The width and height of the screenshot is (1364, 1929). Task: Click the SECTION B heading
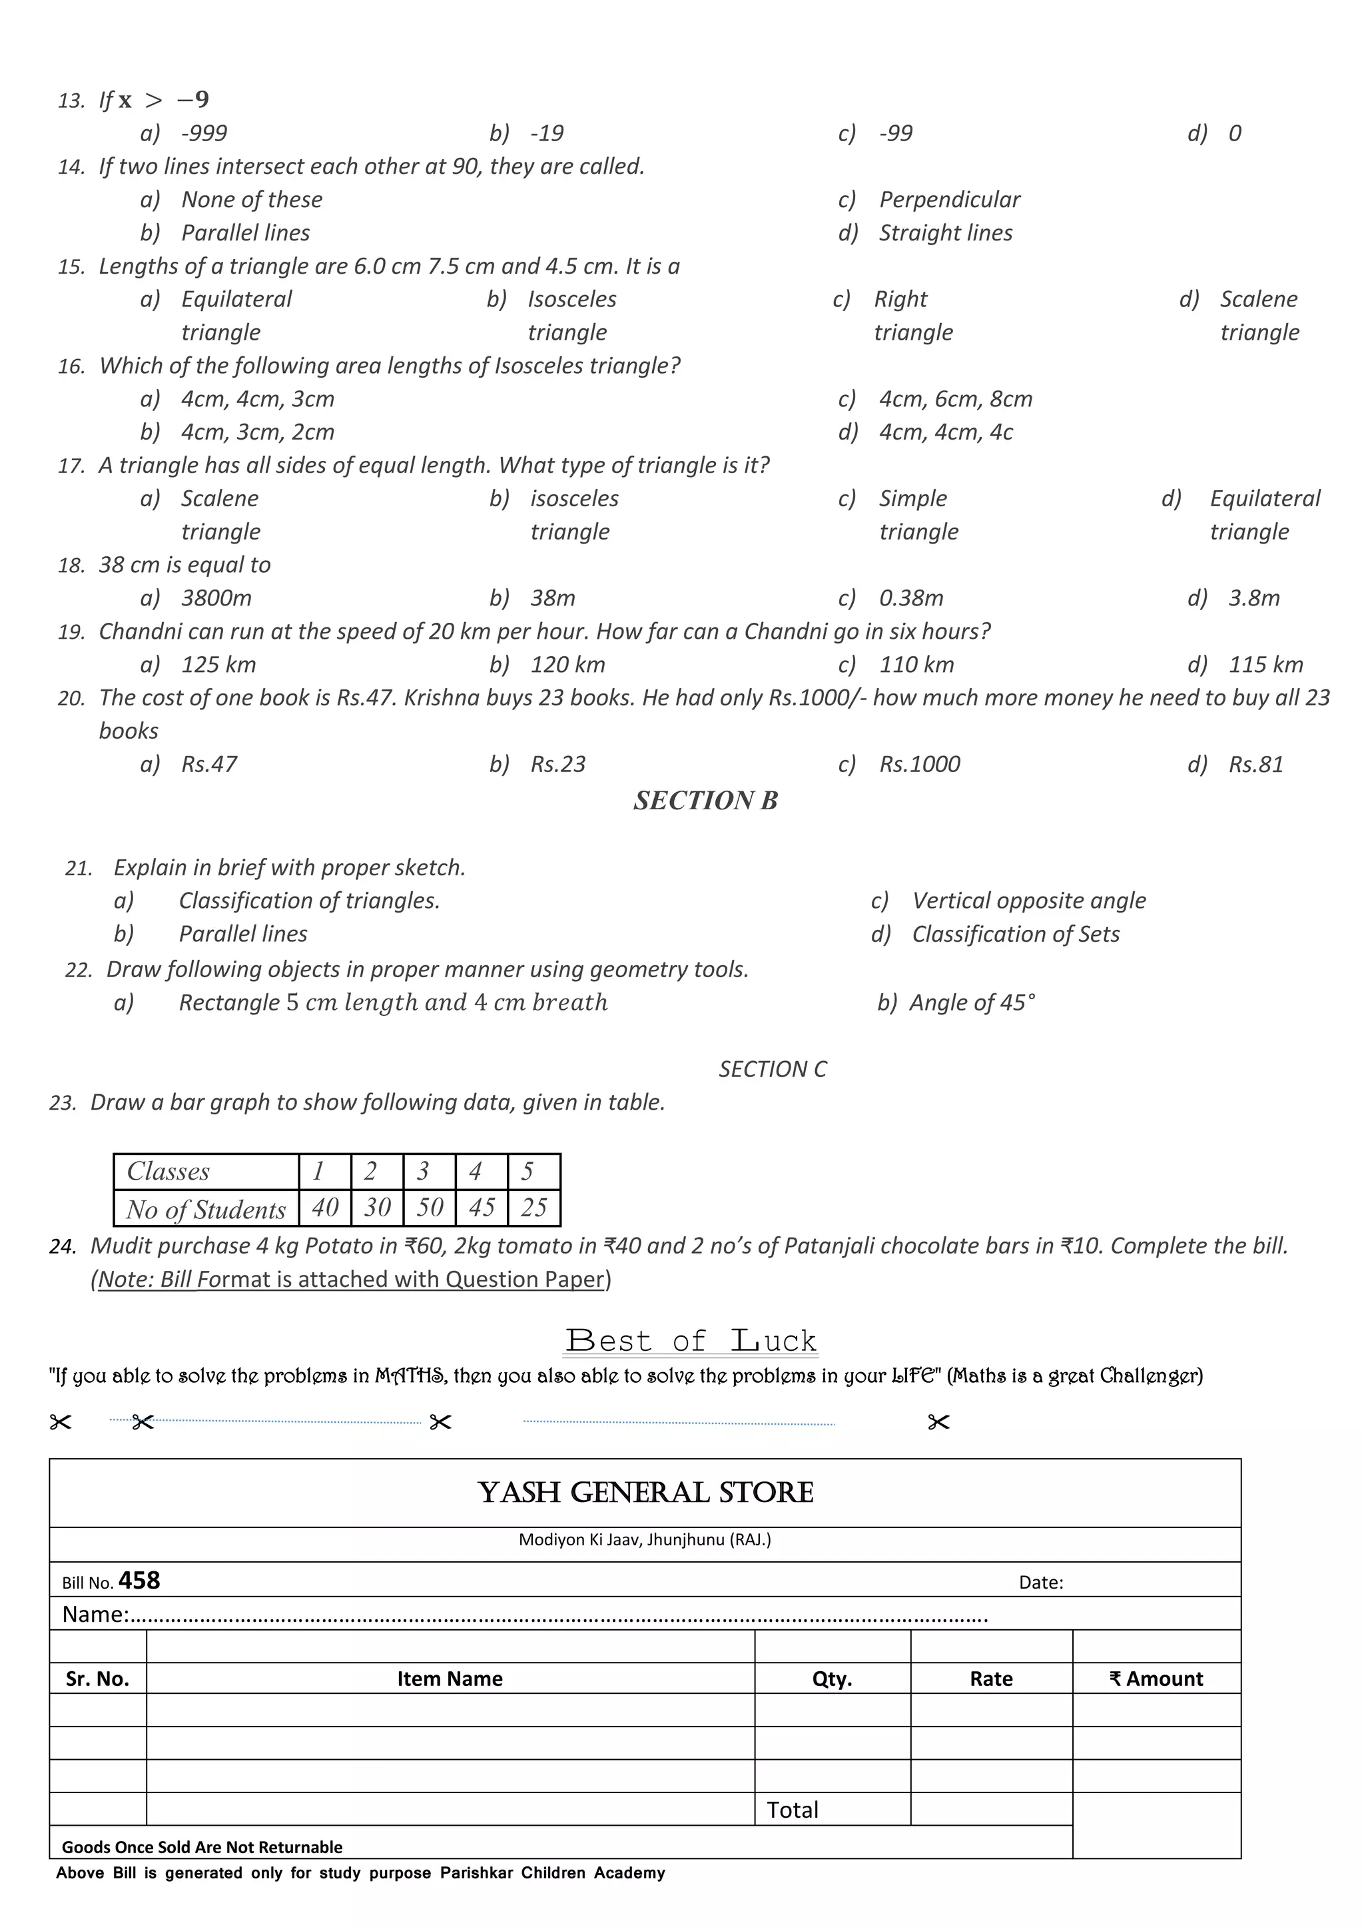click(705, 801)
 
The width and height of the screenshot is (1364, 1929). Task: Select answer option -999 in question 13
click(204, 134)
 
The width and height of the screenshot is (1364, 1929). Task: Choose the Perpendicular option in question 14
click(949, 200)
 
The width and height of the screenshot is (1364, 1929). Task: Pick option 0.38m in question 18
click(910, 598)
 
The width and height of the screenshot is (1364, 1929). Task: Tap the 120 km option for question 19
click(567, 665)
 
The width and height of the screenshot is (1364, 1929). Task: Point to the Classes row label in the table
click(168, 1171)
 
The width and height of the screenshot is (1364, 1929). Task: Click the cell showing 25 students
click(533, 1208)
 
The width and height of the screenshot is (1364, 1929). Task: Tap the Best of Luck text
click(691, 1341)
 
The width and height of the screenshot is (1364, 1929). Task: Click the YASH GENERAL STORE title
click(645, 1493)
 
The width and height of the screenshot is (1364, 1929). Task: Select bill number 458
click(139, 1581)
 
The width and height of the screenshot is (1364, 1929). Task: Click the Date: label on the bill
click(1040, 1583)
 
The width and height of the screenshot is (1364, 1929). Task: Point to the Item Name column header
click(450, 1679)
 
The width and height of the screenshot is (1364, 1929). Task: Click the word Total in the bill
click(792, 1810)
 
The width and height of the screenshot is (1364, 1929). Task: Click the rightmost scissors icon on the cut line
click(938, 1422)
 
